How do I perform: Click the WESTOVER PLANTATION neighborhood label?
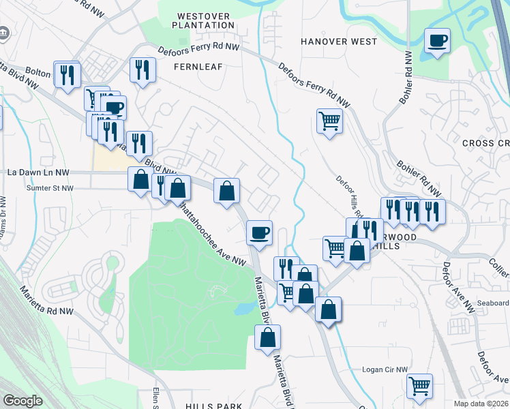coord(205,20)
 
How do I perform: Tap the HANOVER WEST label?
coord(339,42)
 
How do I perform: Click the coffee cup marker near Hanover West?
coord(437,40)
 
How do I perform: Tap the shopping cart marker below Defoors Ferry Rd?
coord(329,121)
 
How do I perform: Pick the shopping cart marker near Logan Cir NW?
coord(420,386)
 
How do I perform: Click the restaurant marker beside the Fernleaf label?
coord(143,70)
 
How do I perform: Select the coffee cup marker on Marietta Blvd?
coord(259,232)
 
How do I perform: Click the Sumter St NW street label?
coord(50,187)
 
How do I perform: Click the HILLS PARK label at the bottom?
coord(213,406)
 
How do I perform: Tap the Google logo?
coord(23,401)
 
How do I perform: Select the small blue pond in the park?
coord(244,309)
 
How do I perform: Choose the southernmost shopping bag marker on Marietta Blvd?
coord(268,337)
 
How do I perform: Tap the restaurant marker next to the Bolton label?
coord(67,74)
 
